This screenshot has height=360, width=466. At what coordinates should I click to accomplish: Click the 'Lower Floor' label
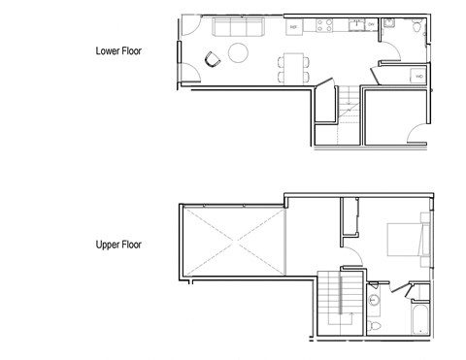[118, 50]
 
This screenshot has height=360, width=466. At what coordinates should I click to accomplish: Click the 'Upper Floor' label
[118, 245]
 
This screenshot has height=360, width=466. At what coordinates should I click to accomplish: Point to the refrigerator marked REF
[293, 27]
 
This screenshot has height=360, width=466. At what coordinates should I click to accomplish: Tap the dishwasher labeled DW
[369, 26]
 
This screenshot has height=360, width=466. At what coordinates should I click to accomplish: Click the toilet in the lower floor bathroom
[416, 28]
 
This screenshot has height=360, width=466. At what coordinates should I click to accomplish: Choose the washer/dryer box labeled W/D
[418, 76]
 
